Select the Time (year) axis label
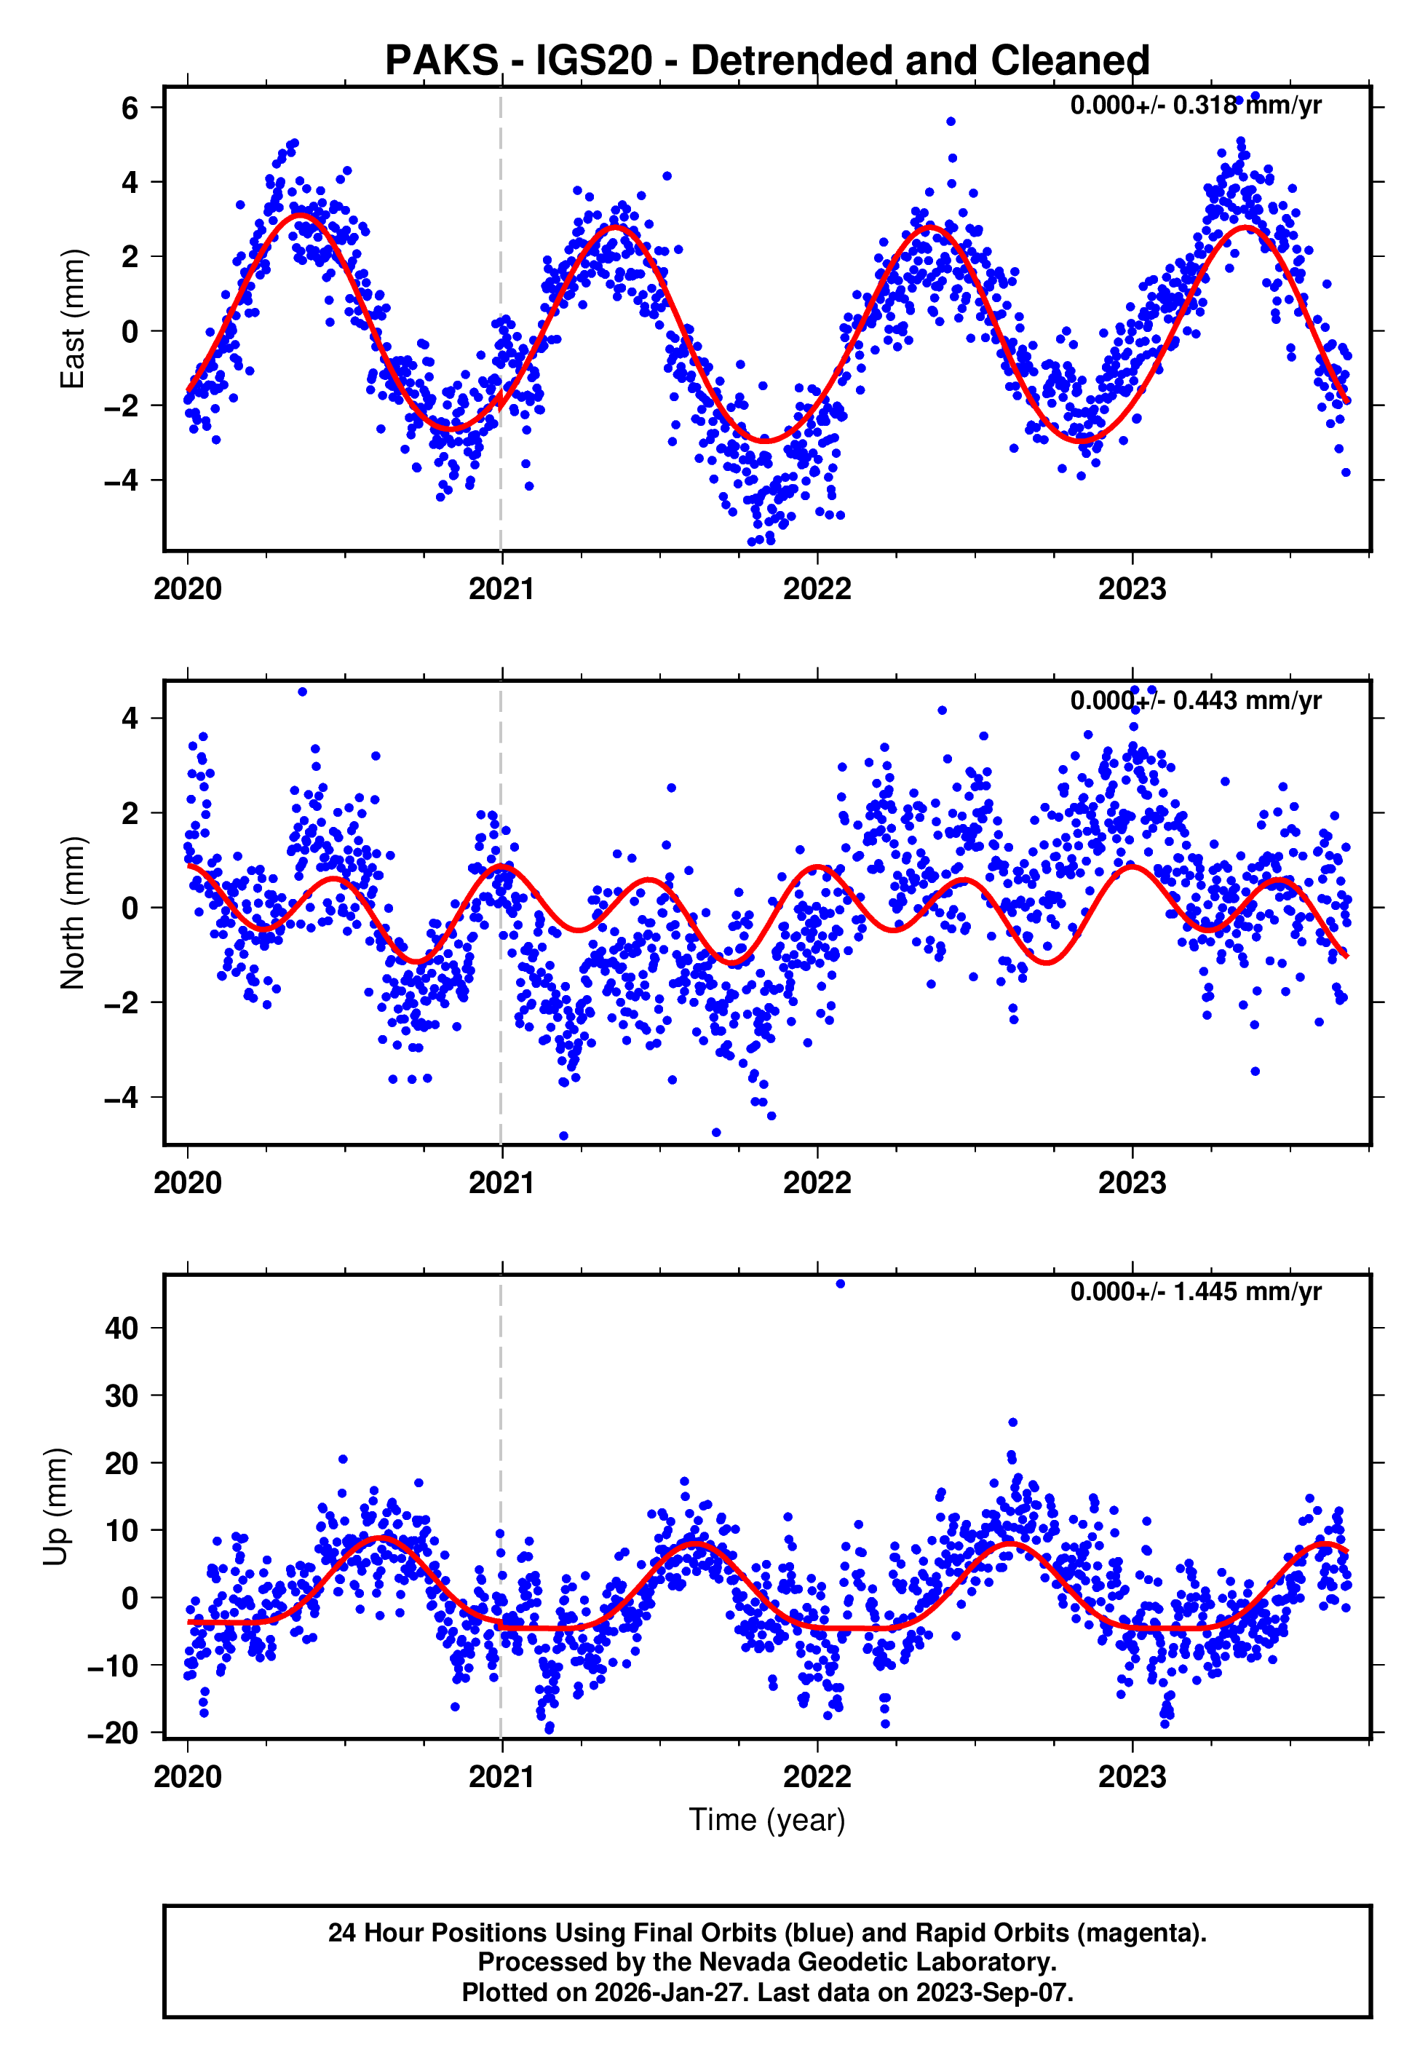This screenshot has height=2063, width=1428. pos(767,1820)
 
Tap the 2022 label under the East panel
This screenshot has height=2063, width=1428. pos(817,590)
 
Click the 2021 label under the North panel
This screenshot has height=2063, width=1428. pos(502,1183)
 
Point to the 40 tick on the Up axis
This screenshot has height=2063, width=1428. pos(122,1329)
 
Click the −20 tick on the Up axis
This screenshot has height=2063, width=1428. pos(113,1733)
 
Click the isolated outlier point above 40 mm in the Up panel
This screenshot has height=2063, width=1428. pos(840,1284)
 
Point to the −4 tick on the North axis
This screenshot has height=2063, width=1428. pos(122,1098)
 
